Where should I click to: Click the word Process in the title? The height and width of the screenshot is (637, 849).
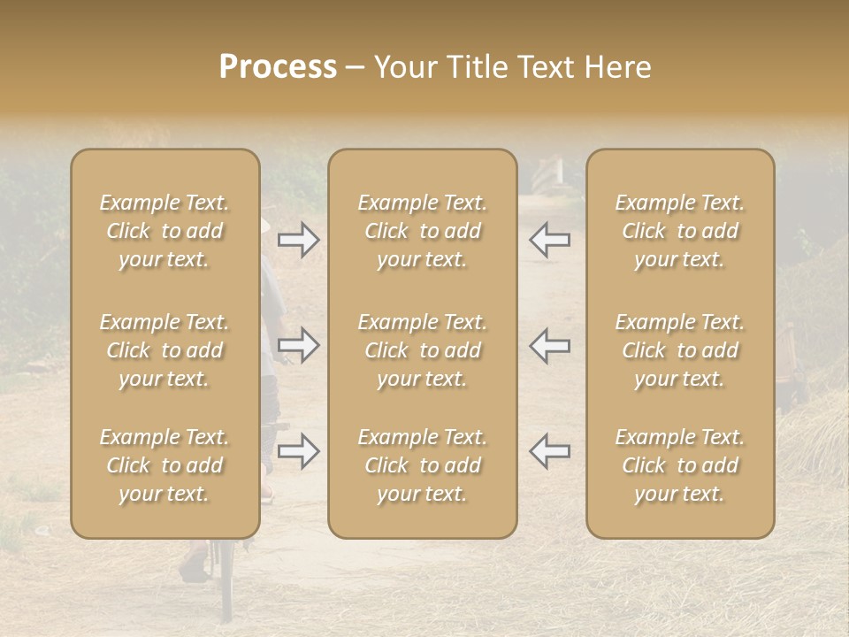tap(278, 66)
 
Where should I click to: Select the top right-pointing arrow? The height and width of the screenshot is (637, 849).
tap(299, 240)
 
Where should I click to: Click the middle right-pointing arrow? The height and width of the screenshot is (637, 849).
tap(299, 345)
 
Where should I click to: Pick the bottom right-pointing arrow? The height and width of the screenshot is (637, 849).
tap(299, 451)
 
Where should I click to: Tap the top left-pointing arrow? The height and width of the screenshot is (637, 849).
tap(549, 240)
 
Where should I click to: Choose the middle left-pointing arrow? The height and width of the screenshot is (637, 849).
tap(549, 345)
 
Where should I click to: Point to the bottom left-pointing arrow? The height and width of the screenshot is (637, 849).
tap(549, 451)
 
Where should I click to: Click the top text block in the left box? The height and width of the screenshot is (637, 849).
tap(164, 231)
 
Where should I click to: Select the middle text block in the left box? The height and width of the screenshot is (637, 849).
tap(164, 350)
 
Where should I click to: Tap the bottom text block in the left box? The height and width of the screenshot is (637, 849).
tap(164, 465)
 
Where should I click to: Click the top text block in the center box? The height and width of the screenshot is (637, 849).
tap(422, 231)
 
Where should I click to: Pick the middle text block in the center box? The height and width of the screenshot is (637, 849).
tap(422, 350)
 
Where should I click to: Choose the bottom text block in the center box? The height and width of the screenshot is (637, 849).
tap(422, 465)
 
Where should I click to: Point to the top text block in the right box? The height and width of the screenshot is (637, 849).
tap(680, 231)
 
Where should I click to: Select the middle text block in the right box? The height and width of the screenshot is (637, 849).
tap(680, 350)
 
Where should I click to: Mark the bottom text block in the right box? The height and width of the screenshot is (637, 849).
tap(680, 465)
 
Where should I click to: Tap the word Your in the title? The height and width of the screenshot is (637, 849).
tap(402, 66)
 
